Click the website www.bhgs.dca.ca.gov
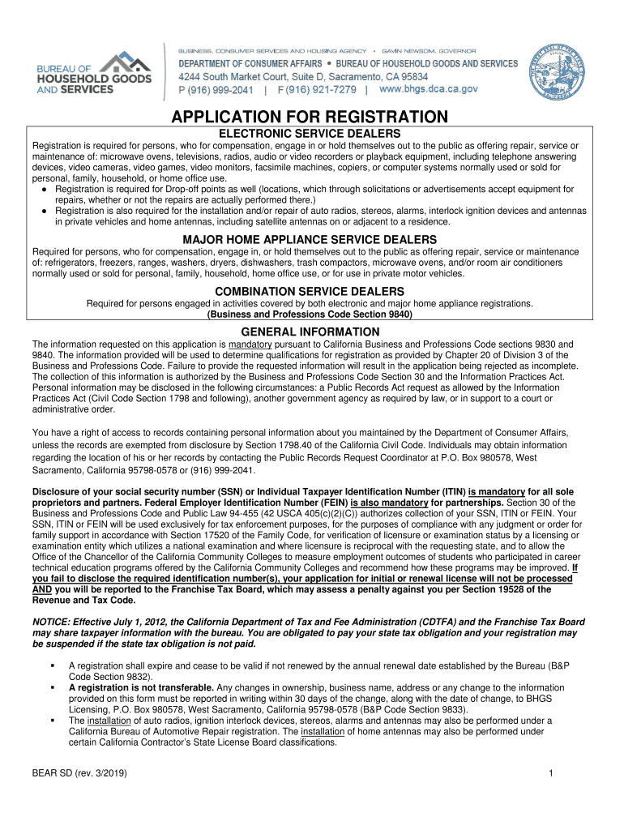(429, 89)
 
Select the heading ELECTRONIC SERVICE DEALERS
(311, 133)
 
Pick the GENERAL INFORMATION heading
(311, 332)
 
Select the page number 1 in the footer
(550, 773)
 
